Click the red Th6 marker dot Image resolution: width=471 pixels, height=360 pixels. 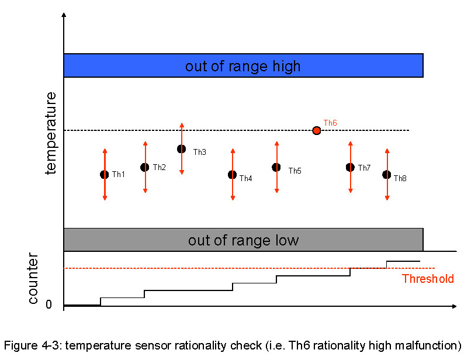317,130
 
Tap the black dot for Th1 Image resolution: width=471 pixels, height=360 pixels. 105,174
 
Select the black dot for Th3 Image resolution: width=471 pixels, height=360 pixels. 182,149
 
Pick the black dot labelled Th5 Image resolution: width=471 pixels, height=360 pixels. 276,167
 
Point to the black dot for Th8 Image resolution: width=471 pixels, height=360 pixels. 386,174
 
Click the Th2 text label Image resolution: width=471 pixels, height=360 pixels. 160,168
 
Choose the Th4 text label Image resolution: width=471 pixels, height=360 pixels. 245,178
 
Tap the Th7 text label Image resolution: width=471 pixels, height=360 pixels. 364,168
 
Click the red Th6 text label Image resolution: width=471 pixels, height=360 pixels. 330,123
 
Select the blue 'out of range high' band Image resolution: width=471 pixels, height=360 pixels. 243,65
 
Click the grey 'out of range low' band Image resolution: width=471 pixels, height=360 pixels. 243,240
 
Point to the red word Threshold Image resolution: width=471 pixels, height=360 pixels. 428,279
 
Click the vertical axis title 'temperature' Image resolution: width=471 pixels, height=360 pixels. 51,133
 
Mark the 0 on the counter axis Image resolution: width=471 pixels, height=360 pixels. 49,304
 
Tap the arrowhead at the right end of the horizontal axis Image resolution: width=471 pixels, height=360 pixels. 454,306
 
